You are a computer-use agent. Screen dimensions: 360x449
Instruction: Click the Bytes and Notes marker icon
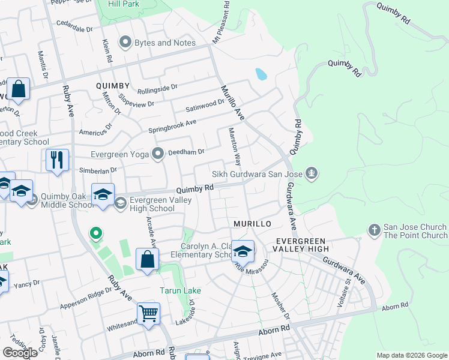pyautogui.click(x=125, y=43)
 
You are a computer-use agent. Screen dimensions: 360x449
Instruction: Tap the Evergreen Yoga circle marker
pyautogui.click(x=158, y=154)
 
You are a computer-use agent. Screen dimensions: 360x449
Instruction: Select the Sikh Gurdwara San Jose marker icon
pyautogui.click(x=311, y=175)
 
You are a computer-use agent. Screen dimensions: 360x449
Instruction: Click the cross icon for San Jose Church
pyautogui.click(x=373, y=230)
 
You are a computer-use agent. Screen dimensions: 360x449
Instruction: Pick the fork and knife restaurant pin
pyautogui.click(x=57, y=160)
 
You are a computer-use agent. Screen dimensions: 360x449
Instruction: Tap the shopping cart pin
pyautogui.click(x=148, y=313)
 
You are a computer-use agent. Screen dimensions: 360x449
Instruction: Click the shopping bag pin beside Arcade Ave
pyautogui.click(x=147, y=259)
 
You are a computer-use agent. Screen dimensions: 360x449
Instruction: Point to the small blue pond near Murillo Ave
pyautogui.click(x=261, y=74)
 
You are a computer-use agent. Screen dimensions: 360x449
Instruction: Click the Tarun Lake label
pyautogui.click(x=180, y=290)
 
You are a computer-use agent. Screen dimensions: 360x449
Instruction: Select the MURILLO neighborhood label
pyautogui.click(x=252, y=223)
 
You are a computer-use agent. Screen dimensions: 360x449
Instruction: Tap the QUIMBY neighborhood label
pyautogui.click(x=113, y=86)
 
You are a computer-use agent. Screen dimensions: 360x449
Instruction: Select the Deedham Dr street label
pyautogui.click(x=189, y=152)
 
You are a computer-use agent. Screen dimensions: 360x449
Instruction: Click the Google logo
pyautogui.click(x=20, y=353)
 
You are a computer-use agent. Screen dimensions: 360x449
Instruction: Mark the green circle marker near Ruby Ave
pyautogui.click(x=95, y=233)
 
